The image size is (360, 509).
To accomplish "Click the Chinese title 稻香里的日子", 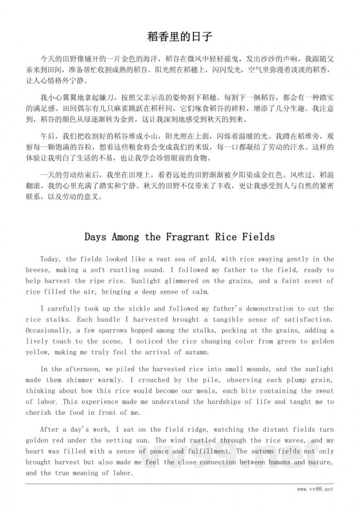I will (x=180, y=38).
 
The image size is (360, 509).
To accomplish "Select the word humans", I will (x=268, y=462).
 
